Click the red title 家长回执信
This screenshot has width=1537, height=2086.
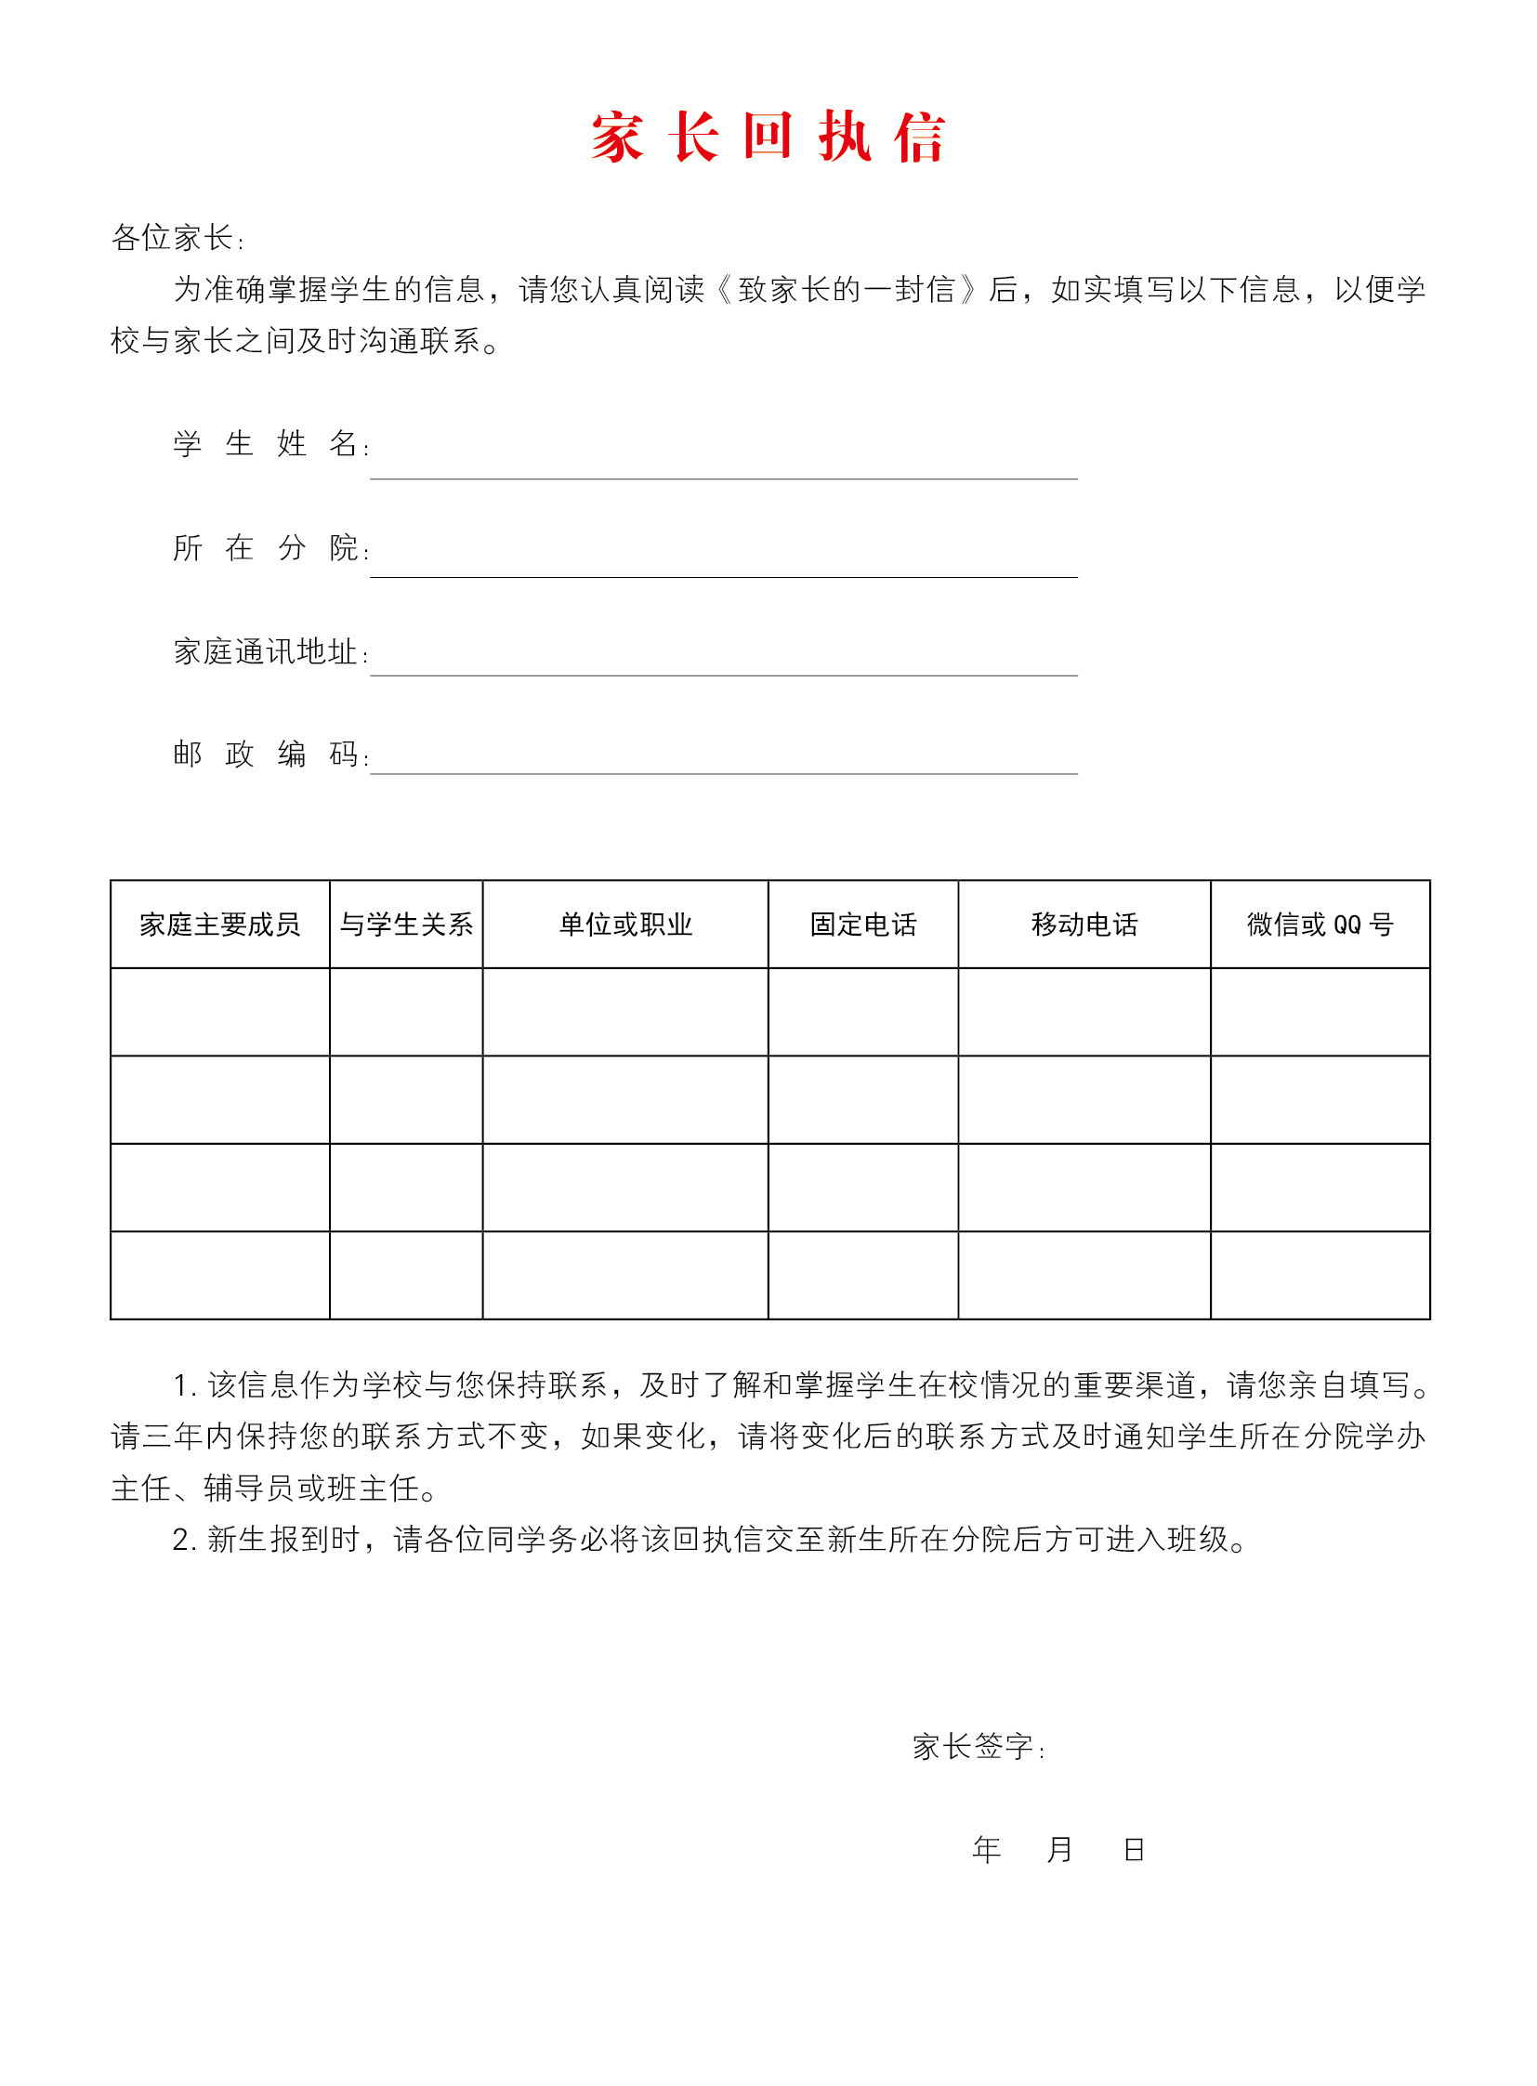coord(768,138)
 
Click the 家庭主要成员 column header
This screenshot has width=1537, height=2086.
coord(219,924)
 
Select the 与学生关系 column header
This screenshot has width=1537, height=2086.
coord(406,924)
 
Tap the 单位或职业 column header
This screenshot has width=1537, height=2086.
coord(625,924)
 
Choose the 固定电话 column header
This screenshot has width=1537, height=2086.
coord(863,924)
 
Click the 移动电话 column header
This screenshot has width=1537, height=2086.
coord(1084,924)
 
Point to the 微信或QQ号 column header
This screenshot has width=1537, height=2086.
coord(1320,924)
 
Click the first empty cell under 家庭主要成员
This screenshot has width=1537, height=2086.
coord(219,1011)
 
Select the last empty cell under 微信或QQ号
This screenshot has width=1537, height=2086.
coord(1320,1275)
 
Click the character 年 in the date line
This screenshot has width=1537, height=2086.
coord(986,1849)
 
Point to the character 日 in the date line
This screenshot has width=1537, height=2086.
coord(1133,1849)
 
